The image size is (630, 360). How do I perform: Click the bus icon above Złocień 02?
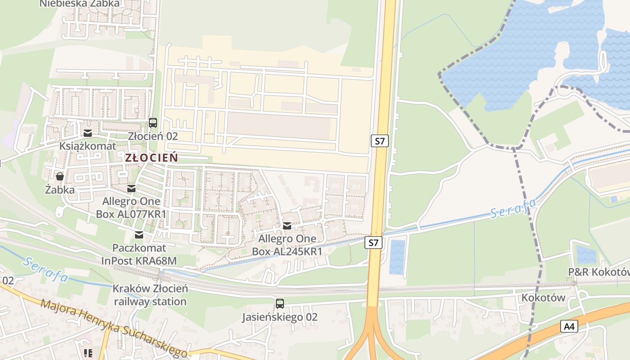point(153,122)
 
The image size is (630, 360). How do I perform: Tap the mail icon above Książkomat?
point(88,133)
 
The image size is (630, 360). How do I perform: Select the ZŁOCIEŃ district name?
point(151,157)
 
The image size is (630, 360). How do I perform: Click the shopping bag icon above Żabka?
point(59,176)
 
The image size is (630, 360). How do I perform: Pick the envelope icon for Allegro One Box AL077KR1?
point(131,188)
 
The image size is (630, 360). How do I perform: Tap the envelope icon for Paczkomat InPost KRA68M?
point(139,234)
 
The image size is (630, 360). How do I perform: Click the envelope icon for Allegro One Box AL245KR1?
point(287,225)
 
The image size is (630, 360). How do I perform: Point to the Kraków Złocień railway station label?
point(150,295)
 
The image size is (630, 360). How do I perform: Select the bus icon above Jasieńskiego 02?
point(279,304)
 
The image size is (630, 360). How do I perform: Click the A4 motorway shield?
point(569,326)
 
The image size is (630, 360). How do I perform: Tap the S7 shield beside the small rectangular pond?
point(373,243)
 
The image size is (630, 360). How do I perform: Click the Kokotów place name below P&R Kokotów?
point(543,297)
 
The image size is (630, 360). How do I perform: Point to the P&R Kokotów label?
point(598,272)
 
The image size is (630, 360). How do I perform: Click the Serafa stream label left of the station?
point(46,269)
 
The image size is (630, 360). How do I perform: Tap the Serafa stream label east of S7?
point(513,207)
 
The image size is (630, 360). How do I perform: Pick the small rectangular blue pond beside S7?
point(397,257)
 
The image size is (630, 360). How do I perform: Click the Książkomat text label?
point(88,146)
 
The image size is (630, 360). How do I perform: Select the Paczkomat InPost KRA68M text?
point(139,254)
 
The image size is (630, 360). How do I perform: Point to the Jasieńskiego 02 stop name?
point(279,317)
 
